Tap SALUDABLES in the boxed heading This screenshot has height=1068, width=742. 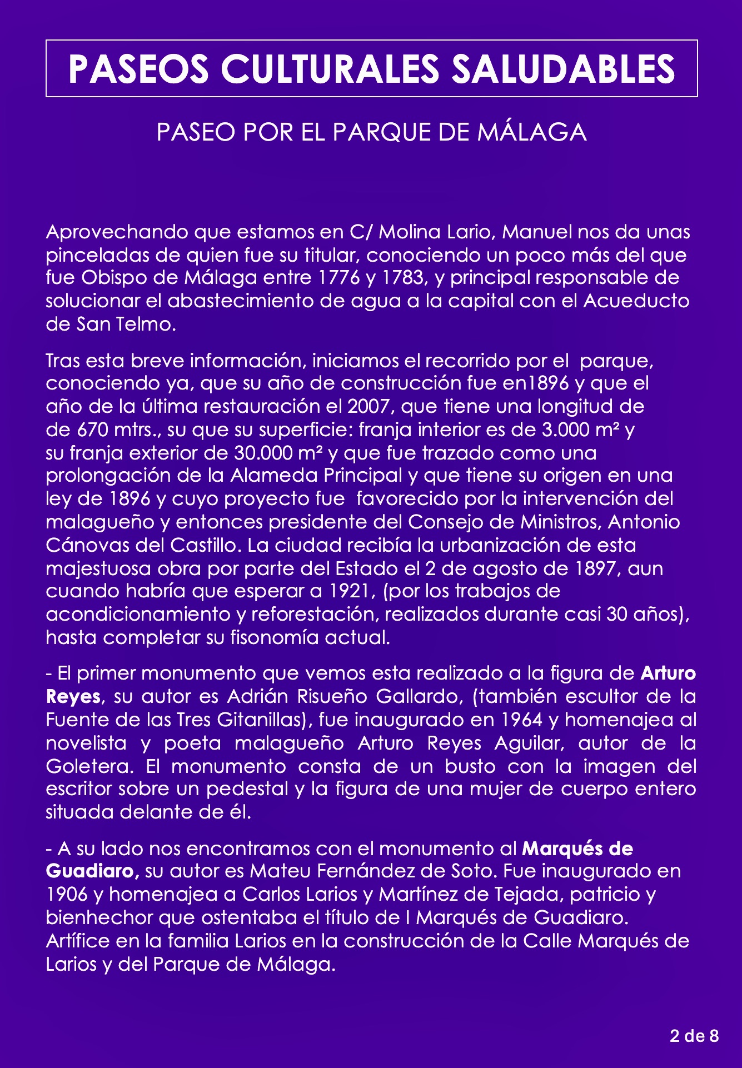562,69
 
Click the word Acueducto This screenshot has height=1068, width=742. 636,301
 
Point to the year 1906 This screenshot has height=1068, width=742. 67,894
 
